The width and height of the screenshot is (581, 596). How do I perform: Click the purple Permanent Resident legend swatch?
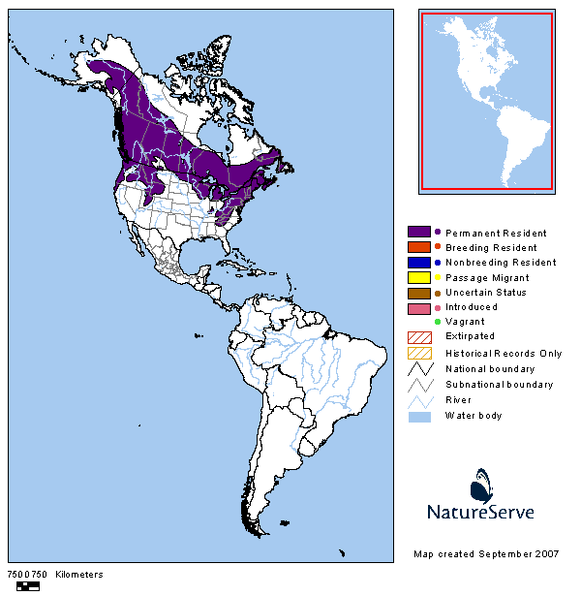(418, 233)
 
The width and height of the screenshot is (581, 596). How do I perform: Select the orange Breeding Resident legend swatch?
(418, 247)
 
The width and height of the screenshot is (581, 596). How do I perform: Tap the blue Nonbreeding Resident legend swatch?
(418, 262)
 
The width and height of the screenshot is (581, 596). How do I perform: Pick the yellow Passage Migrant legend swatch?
(418, 277)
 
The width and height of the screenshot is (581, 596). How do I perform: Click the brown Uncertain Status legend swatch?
(418, 292)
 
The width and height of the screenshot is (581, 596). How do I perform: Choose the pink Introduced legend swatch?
(418, 307)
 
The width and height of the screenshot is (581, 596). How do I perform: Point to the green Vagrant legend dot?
(438, 322)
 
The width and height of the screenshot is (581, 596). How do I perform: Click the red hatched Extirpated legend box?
(418, 336)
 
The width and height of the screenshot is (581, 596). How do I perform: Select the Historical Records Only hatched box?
(418, 353)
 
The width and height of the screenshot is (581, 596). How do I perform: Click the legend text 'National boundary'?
(490, 369)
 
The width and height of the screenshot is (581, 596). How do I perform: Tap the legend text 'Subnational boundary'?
(499, 385)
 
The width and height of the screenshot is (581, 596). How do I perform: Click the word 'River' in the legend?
(458, 400)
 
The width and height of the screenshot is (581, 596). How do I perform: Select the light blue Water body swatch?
(418, 416)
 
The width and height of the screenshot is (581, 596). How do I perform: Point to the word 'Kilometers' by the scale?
(78, 575)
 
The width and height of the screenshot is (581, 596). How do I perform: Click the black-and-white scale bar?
(28, 585)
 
